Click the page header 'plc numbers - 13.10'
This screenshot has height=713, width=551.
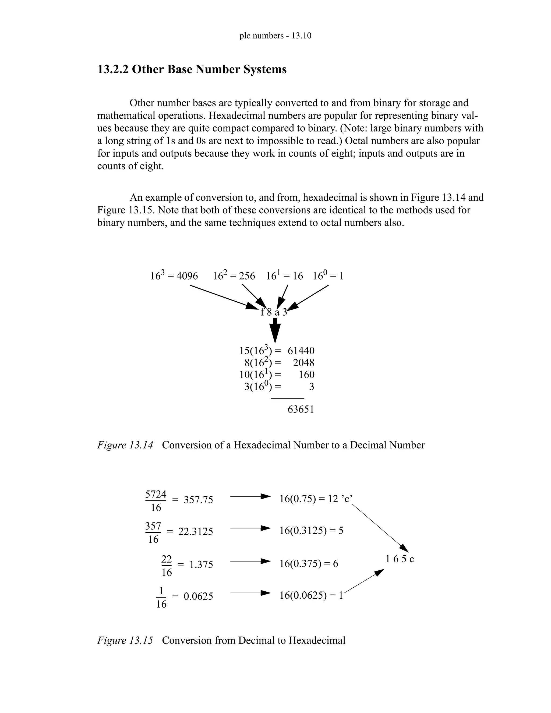coord(275,36)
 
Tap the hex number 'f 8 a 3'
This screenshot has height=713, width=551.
coord(274,312)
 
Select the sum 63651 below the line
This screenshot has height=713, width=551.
coord(301,410)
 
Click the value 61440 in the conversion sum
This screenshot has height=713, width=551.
coord(301,351)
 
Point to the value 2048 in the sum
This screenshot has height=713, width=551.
coord(303,363)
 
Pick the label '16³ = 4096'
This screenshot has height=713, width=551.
coord(174,276)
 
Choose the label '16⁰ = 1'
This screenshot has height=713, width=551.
coord(328,276)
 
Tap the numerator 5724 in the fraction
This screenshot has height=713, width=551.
coord(156,494)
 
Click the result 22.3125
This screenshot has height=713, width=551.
coord(196,531)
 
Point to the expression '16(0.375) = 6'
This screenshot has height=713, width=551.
coord(309,563)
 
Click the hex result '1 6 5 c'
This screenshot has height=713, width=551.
coord(400,559)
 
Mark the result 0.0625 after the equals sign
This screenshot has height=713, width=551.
coord(198,596)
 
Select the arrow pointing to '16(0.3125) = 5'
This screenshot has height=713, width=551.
coord(250,528)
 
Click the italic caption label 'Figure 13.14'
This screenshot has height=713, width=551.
coord(125,445)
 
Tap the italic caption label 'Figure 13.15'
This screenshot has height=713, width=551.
coord(125,641)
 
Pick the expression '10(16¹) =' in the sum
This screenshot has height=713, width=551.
coord(260,375)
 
